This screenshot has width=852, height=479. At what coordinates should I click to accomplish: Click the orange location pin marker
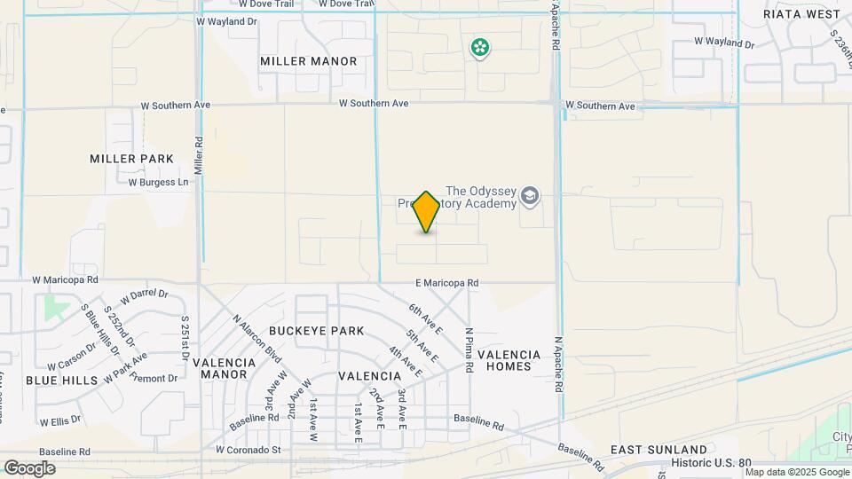427,212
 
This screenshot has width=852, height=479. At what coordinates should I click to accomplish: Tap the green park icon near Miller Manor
480,47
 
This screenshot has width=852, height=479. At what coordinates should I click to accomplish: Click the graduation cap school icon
530,196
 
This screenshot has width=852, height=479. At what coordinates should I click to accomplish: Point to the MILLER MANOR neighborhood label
309,61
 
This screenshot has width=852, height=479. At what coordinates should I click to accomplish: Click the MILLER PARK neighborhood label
131,159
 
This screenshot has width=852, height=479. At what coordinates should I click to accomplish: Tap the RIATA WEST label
801,14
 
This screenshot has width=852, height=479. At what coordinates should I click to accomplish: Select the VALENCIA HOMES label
509,360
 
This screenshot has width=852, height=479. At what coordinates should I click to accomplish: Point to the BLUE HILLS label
55,380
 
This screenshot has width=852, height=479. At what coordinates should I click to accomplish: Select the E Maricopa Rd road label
447,283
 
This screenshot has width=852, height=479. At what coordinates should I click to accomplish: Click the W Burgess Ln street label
159,183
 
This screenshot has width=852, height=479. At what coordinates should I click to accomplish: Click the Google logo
29,468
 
